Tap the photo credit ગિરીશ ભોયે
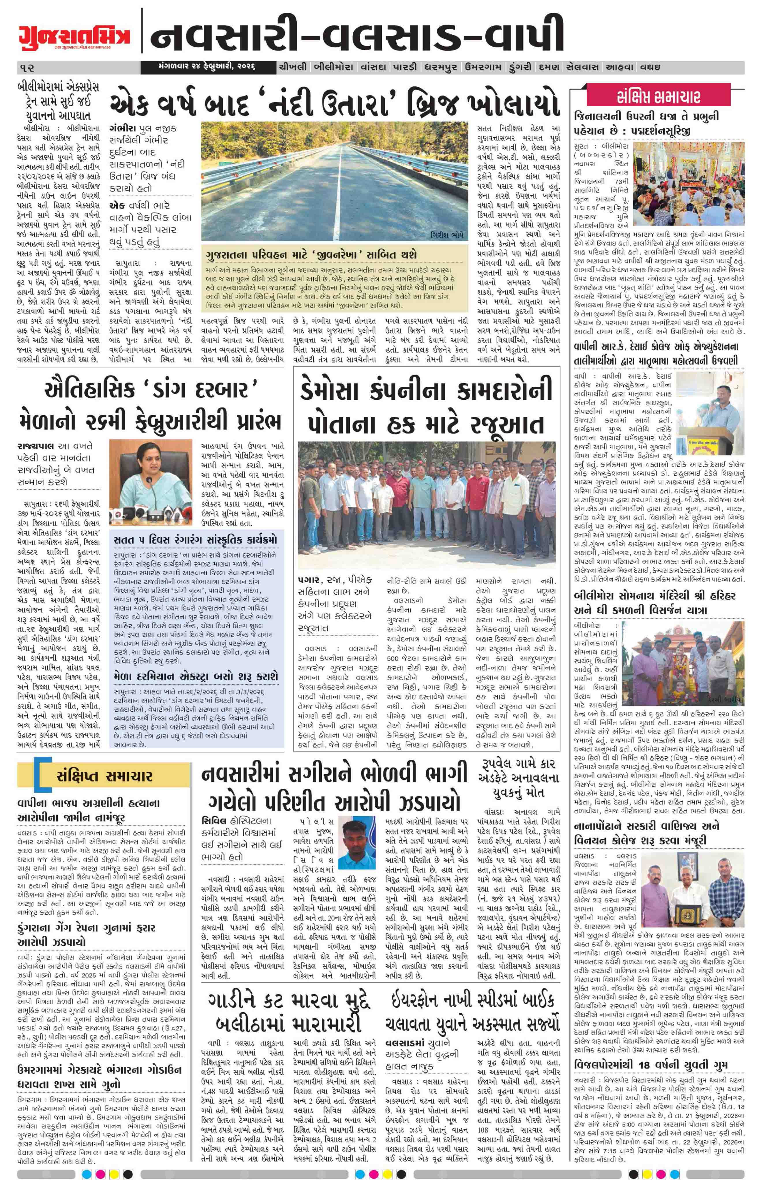pyautogui.click(x=446, y=234)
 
